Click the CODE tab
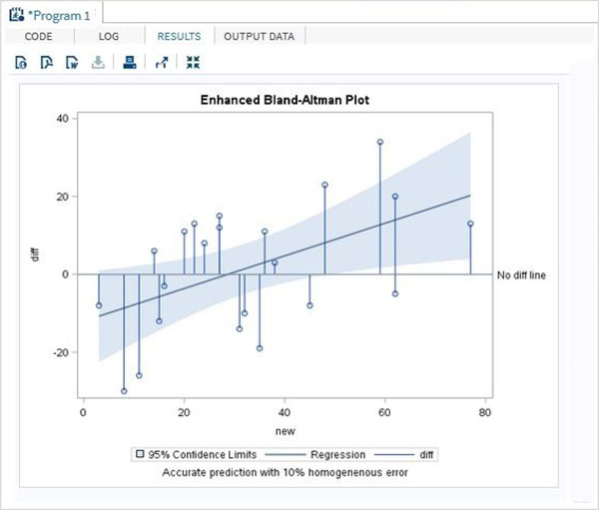(x=38, y=36)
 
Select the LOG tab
(x=109, y=36)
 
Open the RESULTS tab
(x=179, y=36)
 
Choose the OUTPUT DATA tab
(x=259, y=36)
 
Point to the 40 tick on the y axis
(x=60, y=118)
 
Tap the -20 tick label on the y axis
(x=58, y=352)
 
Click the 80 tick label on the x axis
(x=485, y=411)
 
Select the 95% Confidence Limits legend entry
(x=191, y=454)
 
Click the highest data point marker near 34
(x=380, y=142)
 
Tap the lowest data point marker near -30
(x=124, y=391)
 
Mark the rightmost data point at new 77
(x=470, y=224)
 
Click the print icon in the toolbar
(x=128, y=63)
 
